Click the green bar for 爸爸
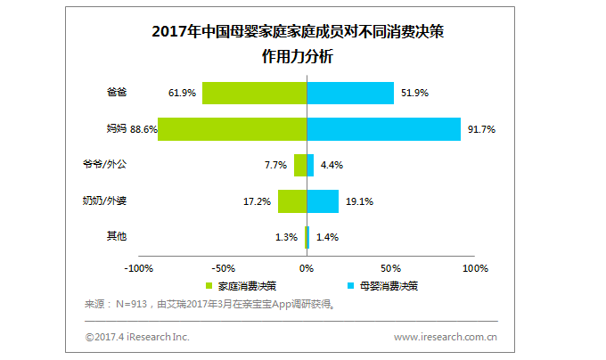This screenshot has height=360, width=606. (x=254, y=93)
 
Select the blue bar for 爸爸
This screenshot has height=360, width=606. (x=350, y=93)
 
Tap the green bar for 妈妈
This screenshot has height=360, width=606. (x=232, y=129)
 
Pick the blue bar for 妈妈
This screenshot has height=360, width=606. (x=383, y=129)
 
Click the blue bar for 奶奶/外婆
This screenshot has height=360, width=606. (x=323, y=201)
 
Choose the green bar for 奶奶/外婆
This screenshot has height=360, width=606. (x=292, y=201)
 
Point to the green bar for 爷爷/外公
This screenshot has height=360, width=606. (x=300, y=165)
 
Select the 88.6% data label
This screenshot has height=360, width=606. (x=143, y=129)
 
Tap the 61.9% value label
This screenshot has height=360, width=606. (x=182, y=93)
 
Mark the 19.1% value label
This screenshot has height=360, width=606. (x=358, y=201)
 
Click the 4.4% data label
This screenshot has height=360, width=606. (x=330, y=165)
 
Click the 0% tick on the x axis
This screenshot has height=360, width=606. (x=307, y=268)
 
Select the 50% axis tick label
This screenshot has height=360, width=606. (x=390, y=268)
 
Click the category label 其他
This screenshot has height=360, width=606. (x=116, y=236)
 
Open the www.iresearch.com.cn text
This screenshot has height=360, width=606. (x=446, y=337)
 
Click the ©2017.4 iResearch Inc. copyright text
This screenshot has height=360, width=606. (x=137, y=337)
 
